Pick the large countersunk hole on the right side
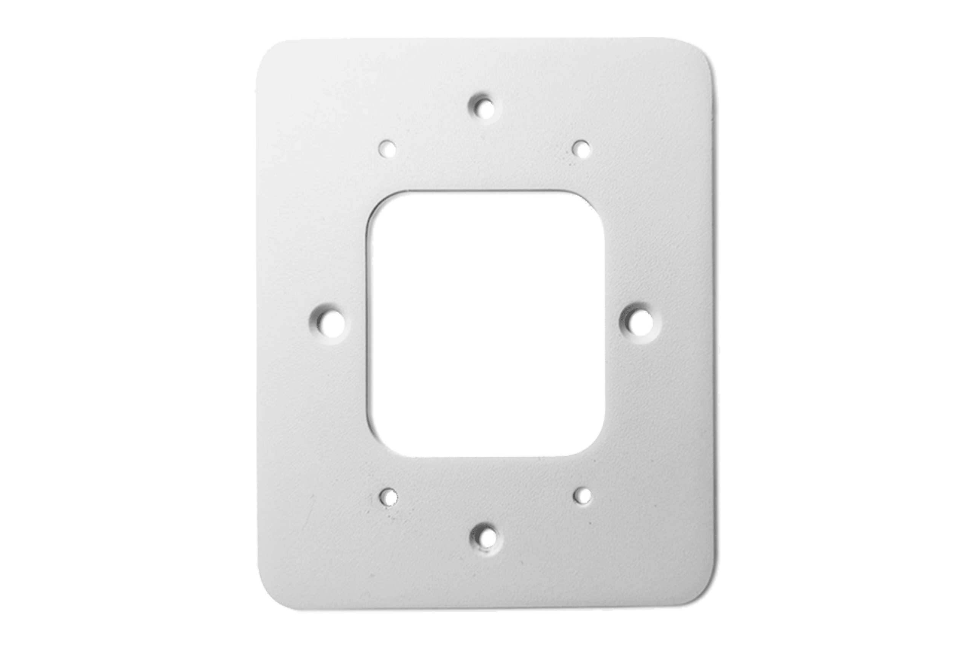[x=640, y=322]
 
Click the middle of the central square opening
[x=488, y=325]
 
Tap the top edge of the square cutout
[x=488, y=195]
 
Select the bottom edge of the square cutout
[x=488, y=456]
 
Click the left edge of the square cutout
[x=374, y=325]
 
